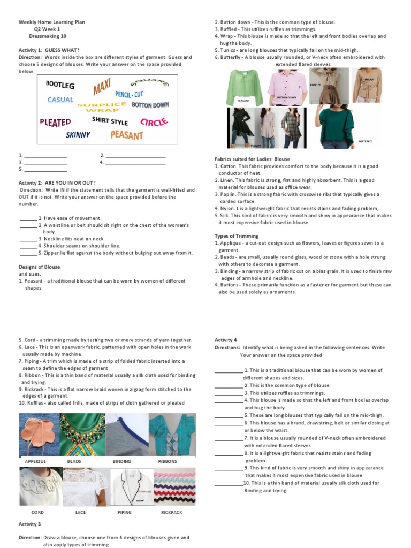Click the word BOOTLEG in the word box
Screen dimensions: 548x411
coord(60,85)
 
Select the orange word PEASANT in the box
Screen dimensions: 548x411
coord(127,135)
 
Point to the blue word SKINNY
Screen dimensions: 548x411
coord(78,135)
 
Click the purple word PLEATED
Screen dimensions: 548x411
coord(55,122)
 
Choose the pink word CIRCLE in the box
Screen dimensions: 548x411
coord(154,121)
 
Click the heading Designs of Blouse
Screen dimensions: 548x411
coord(39,267)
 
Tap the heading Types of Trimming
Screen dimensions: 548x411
coord(236,235)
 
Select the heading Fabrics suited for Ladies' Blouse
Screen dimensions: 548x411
coord(252,159)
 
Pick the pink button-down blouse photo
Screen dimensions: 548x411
coord(287,86)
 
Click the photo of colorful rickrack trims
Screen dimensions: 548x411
coord(174,487)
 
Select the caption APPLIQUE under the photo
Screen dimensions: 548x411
coord(35,461)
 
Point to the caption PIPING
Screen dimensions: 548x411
coord(124,512)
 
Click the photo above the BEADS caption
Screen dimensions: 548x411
coord(82,435)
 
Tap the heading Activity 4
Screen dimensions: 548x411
coord(225,340)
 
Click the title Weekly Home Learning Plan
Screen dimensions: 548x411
coord(52,22)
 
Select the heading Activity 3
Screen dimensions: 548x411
coord(29,524)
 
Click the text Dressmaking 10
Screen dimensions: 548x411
coord(48,36)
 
